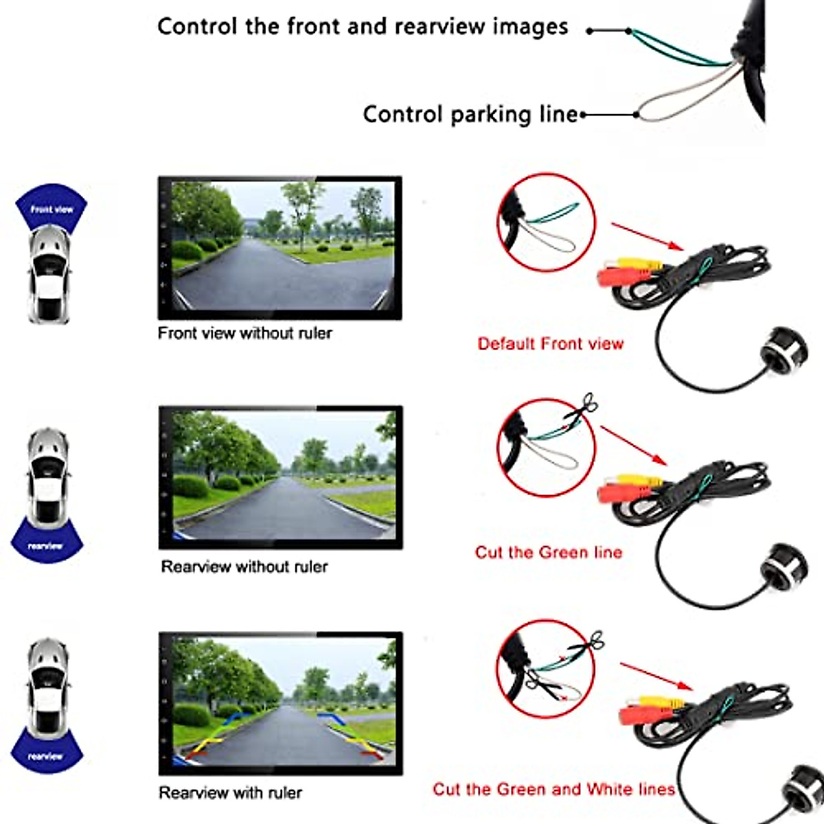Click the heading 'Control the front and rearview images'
pos(363,27)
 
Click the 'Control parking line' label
pos(470,114)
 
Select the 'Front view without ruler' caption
pos(244,334)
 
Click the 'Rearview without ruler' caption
pos(244,567)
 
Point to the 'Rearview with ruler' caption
pos(230,793)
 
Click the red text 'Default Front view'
pos(550,344)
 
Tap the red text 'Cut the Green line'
pos(548,553)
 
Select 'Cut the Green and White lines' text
pos(553,790)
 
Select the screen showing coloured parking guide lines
pos(280,703)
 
